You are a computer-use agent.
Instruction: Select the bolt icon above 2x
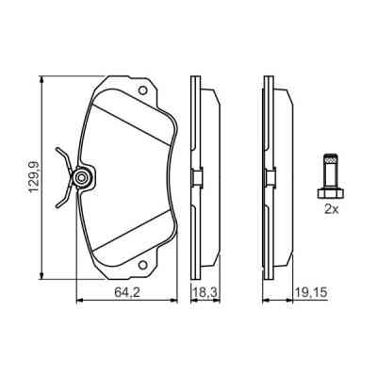329,175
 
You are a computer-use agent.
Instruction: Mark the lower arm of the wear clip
62,196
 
